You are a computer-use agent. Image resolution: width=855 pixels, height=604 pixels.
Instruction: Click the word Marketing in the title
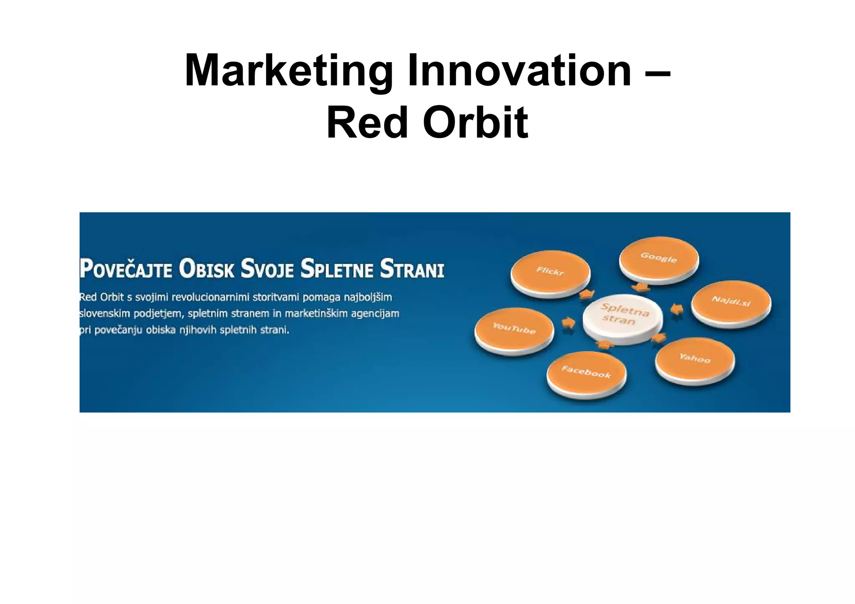pos(288,71)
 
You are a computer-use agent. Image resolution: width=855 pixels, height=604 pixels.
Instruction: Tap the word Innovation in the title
pos(519,71)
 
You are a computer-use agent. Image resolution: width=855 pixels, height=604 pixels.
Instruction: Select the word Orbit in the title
pos(476,123)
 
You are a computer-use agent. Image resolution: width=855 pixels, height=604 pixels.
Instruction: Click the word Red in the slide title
pos(367,123)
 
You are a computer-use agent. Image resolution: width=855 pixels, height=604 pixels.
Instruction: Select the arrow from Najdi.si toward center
pos(677,310)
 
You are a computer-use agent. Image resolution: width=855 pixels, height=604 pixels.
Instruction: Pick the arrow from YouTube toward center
pos(568,322)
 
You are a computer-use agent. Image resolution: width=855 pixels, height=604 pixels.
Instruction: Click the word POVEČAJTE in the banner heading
pos(126,269)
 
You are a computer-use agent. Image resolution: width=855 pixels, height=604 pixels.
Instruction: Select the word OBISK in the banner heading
pos(207,269)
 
